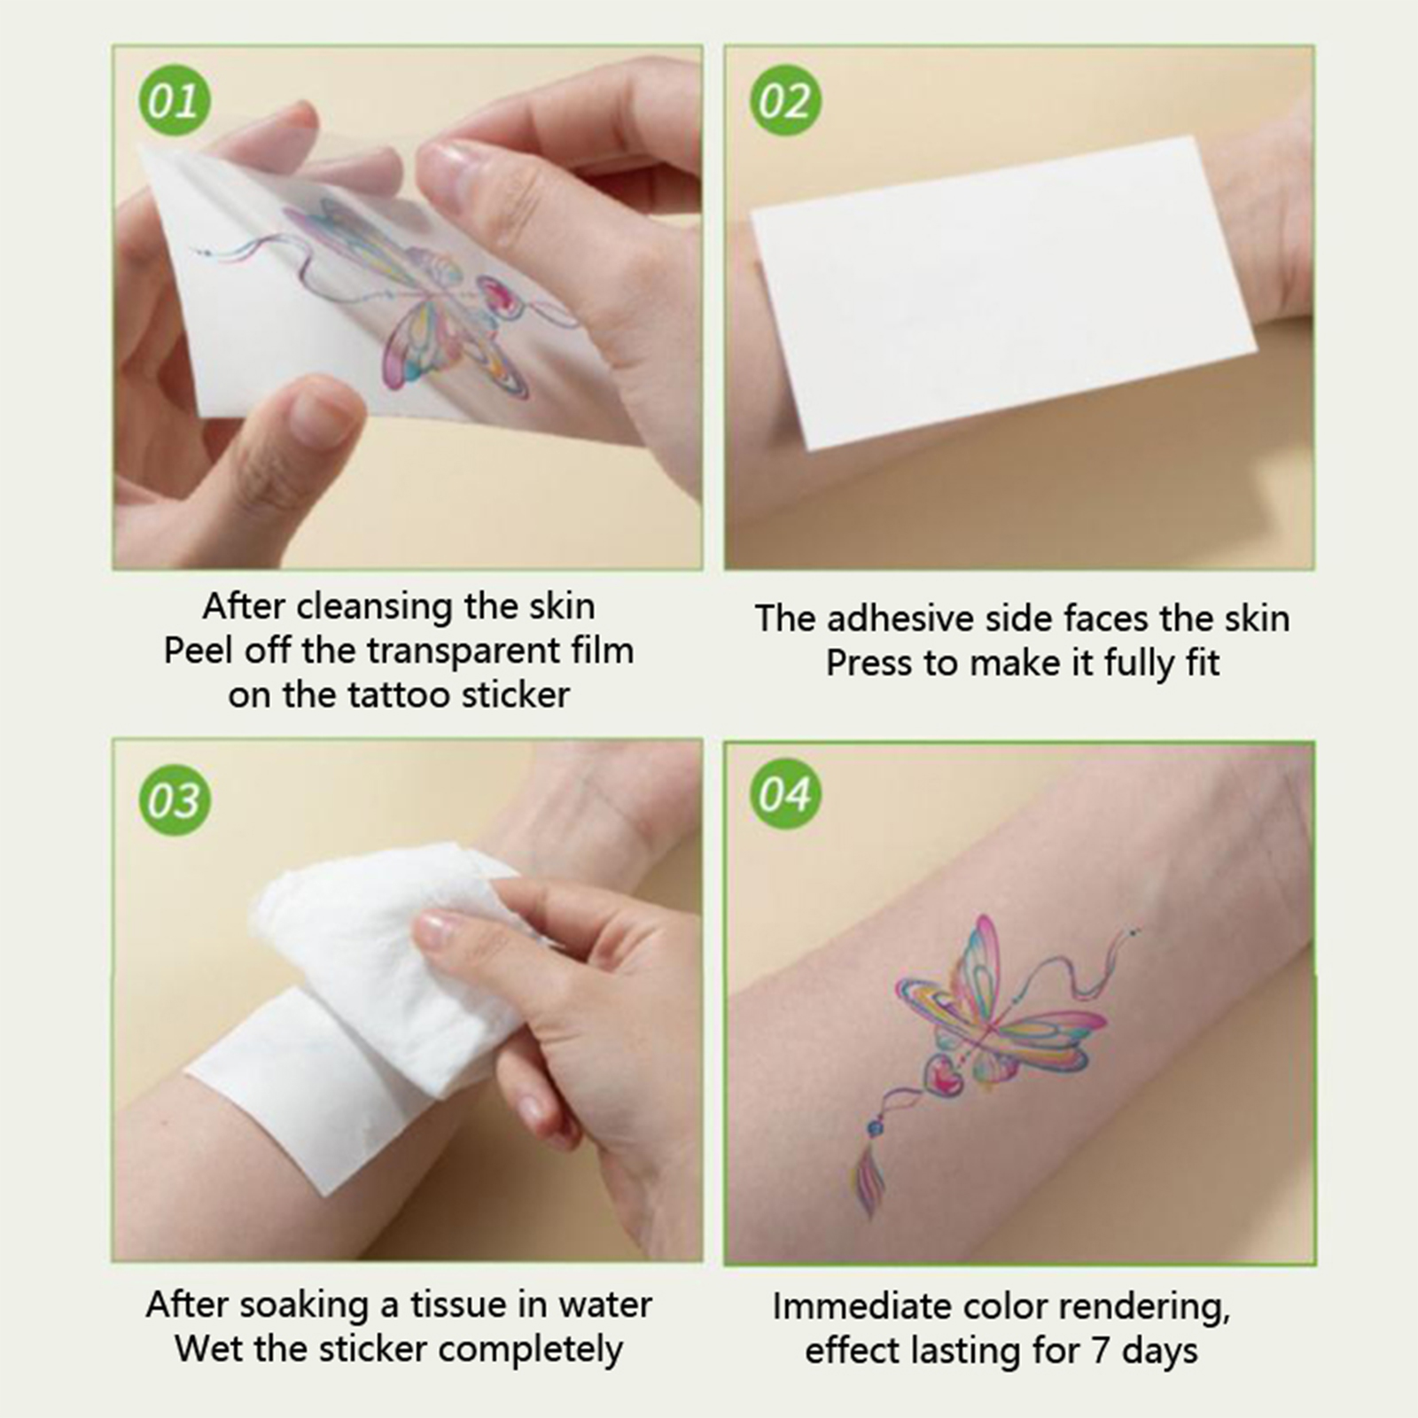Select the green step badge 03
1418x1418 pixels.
[175, 799]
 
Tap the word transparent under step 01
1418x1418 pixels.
[462, 651]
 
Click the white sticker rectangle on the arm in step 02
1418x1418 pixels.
[1004, 292]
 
